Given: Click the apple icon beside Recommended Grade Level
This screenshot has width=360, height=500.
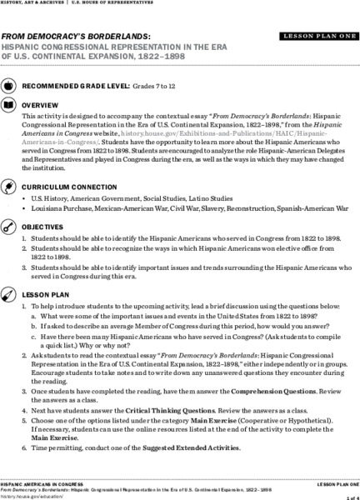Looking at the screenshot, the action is click(8, 86).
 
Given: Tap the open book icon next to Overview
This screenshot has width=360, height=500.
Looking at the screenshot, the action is click(8, 106).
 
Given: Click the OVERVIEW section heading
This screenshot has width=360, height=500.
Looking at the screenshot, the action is click(40, 106).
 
